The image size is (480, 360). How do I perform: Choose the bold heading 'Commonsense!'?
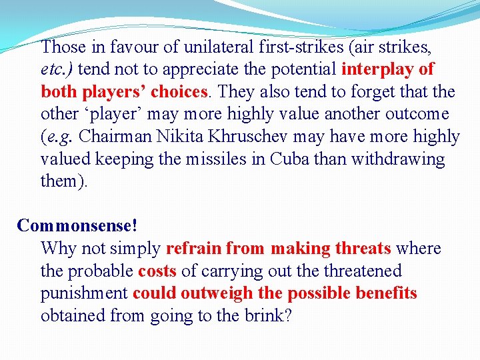(x=77, y=226)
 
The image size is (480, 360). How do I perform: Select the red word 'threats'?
(x=363, y=249)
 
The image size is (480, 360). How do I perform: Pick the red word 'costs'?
(x=157, y=271)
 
